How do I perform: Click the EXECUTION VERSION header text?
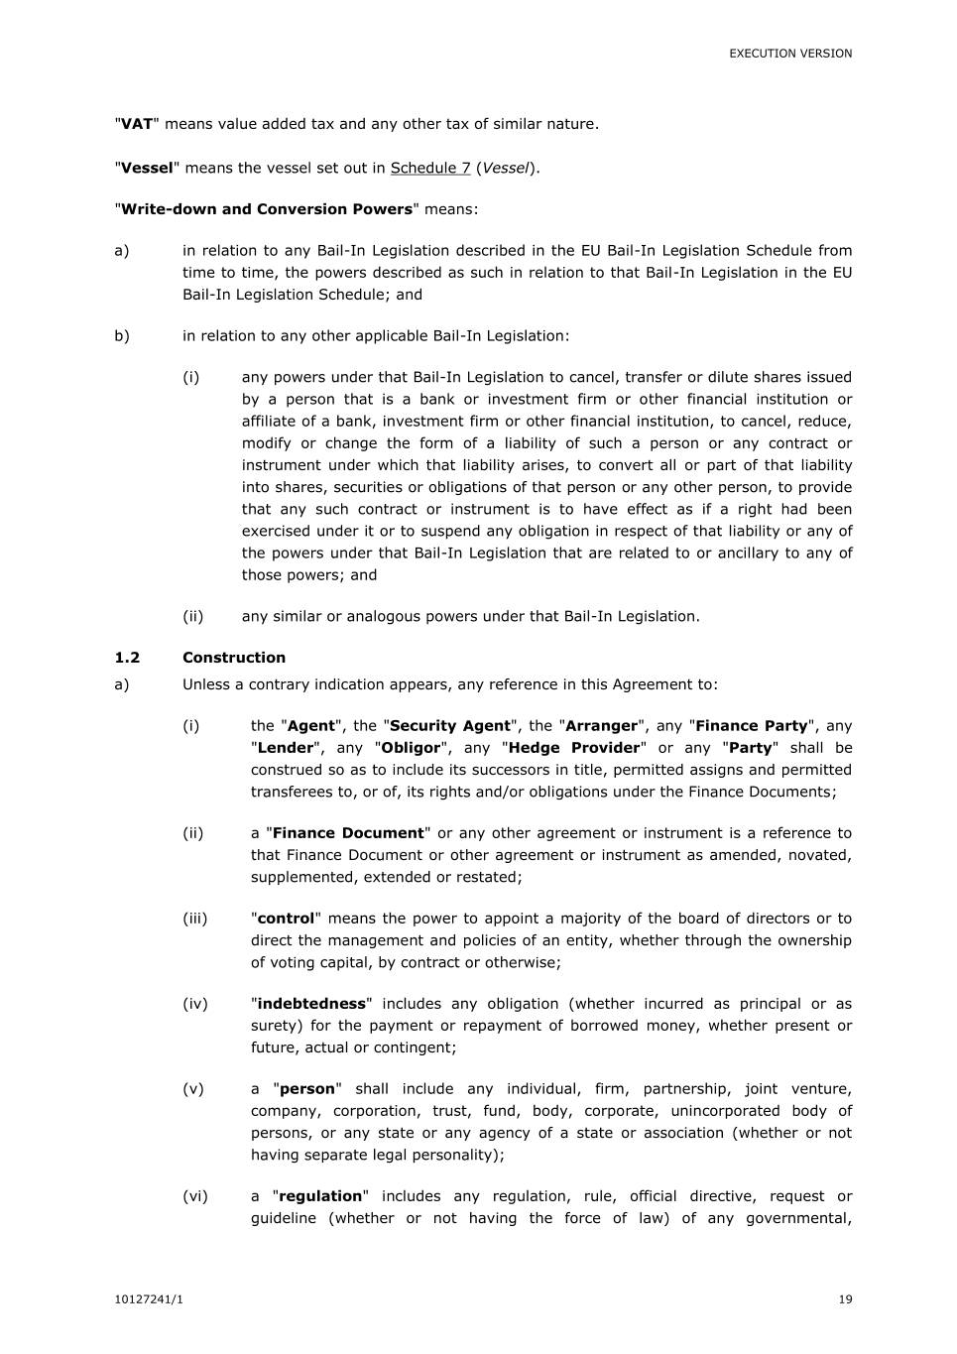click(790, 54)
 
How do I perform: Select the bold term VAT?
click(136, 124)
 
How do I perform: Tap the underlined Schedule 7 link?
click(430, 168)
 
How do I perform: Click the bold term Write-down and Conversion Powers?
click(266, 209)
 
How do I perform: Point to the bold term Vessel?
click(147, 168)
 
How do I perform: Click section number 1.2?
click(127, 658)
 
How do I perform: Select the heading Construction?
click(234, 658)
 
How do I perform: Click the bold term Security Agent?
click(450, 726)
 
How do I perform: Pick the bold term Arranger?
click(601, 726)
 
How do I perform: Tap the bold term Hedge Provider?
click(574, 748)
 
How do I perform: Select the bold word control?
click(286, 919)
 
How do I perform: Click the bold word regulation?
click(320, 1196)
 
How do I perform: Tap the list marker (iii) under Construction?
click(195, 919)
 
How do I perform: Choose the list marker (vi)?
click(195, 1196)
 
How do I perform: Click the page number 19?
click(845, 1299)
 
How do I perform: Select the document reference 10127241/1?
click(150, 1299)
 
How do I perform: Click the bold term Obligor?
click(411, 748)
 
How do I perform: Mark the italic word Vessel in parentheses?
click(506, 168)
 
